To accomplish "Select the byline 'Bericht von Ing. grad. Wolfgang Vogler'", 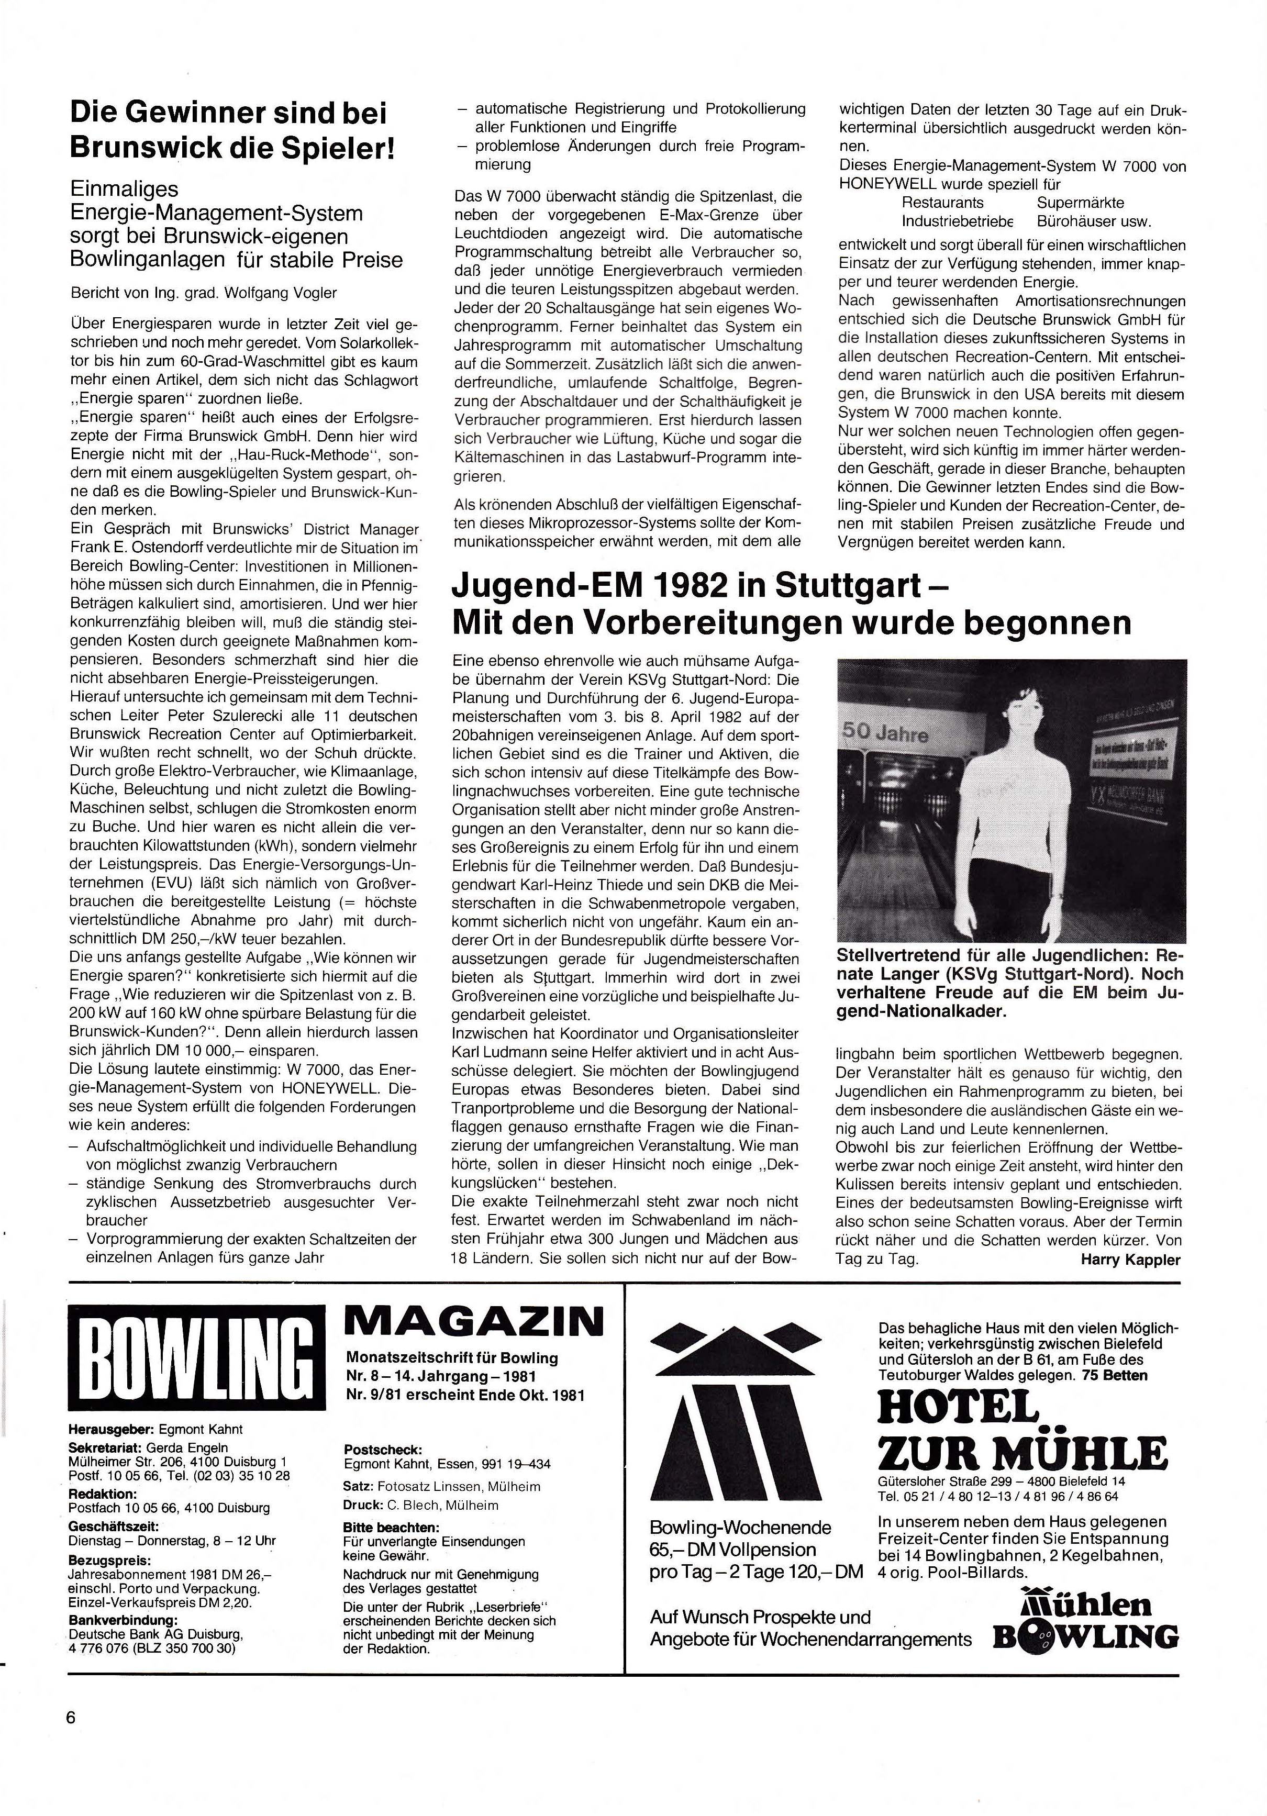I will click(203, 293).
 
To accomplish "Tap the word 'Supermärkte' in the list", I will click(1080, 203).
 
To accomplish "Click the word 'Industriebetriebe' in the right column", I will click(957, 222).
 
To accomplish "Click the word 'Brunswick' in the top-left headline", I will click(145, 149).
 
